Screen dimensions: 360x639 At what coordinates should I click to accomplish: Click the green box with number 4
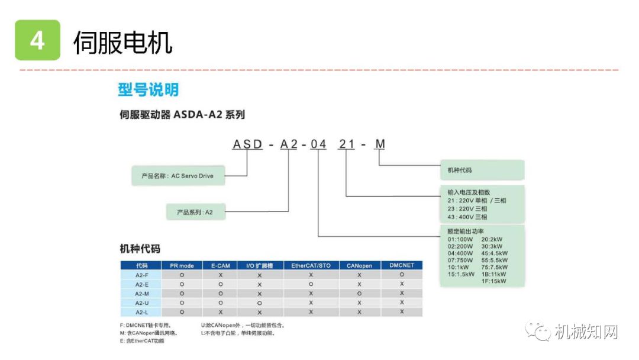(x=37, y=40)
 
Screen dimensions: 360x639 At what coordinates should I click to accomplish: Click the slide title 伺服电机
(x=122, y=43)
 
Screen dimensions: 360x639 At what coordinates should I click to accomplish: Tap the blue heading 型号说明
(x=148, y=90)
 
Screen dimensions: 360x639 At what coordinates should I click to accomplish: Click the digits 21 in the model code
(x=346, y=144)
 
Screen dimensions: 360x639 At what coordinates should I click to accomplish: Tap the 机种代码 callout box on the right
(x=482, y=170)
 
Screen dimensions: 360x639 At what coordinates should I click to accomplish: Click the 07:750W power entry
(x=460, y=260)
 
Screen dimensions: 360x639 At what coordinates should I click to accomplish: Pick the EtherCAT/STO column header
(x=311, y=266)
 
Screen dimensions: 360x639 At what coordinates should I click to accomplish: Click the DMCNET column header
(x=402, y=266)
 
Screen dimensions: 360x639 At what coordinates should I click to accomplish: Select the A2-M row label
(x=141, y=294)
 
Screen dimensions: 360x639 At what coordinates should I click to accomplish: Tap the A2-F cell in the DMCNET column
(x=402, y=275)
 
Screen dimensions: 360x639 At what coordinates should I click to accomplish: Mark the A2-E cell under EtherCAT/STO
(x=311, y=284)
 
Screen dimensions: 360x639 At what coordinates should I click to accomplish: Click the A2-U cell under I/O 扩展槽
(x=259, y=303)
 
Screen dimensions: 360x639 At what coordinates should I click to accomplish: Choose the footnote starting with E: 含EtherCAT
(x=142, y=341)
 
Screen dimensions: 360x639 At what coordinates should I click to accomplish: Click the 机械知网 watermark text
(x=586, y=332)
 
